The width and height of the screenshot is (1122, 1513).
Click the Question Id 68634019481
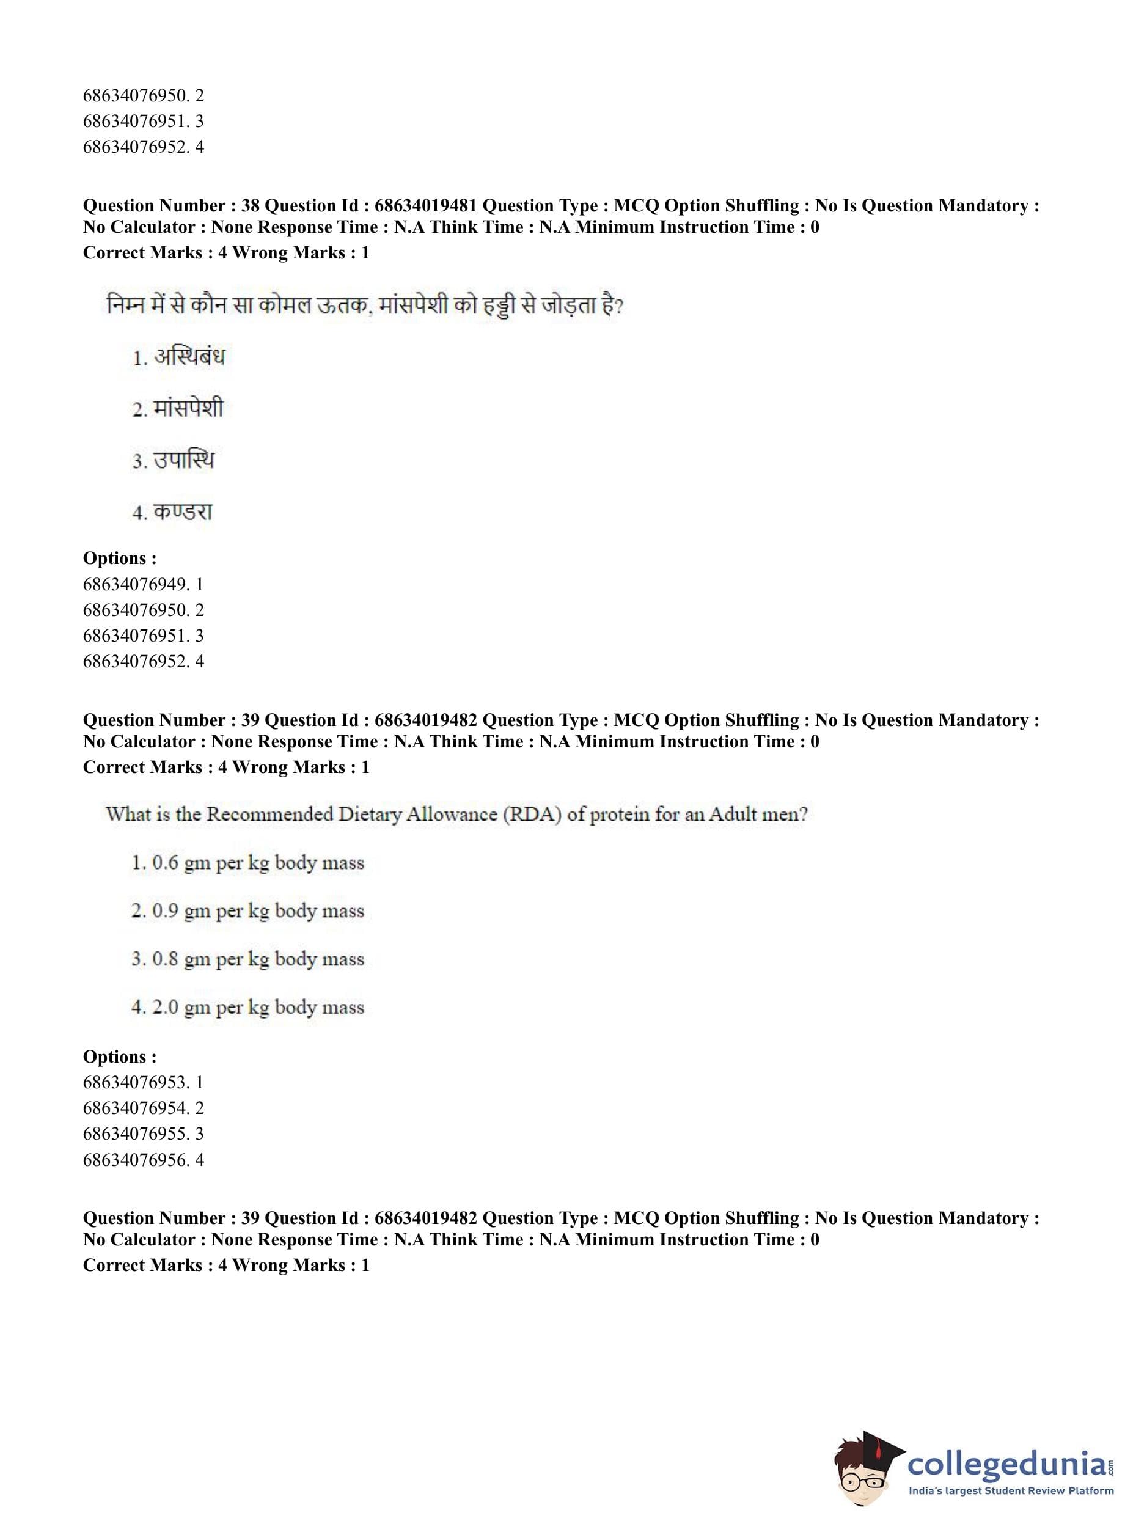[x=425, y=206]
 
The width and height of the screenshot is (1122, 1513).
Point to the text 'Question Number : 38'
[x=171, y=206]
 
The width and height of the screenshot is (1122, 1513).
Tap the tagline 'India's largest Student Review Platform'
[x=1011, y=1491]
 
